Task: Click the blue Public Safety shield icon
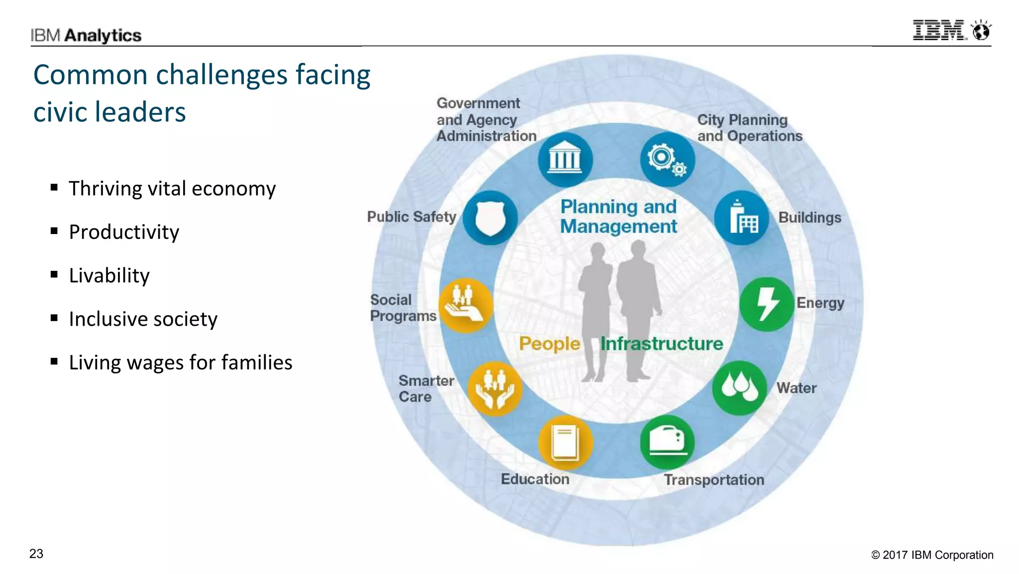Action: tap(491, 218)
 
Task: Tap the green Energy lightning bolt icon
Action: tap(767, 304)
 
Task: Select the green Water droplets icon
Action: tap(739, 387)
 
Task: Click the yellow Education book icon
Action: tap(566, 443)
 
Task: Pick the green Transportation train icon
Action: tap(667, 442)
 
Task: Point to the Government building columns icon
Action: tap(565, 160)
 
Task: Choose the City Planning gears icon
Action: tap(667, 159)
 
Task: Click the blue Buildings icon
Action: tap(742, 218)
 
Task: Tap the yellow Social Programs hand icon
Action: tap(465, 305)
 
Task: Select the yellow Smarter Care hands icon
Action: tap(495, 389)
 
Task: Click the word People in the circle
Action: tap(549, 344)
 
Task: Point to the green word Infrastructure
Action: tap(661, 344)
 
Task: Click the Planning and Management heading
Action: tap(618, 217)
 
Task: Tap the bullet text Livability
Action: tap(109, 275)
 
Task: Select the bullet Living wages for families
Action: tap(180, 362)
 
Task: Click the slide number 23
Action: tap(36, 554)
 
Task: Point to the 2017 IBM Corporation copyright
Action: tap(932, 555)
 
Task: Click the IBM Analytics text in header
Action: tap(86, 35)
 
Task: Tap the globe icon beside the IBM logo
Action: tap(981, 31)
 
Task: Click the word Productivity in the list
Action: tap(124, 232)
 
